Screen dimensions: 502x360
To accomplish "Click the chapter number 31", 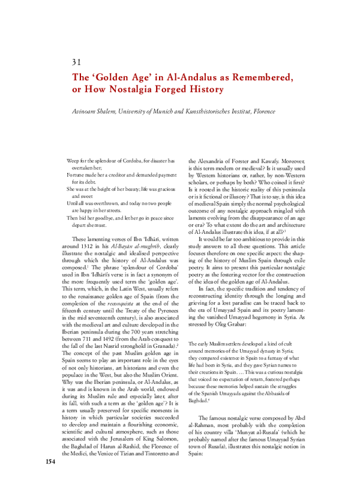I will click(x=76, y=62).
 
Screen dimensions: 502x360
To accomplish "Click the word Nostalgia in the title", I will click(x=124, y=89).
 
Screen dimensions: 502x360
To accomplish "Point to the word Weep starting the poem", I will click(x=73, y=161).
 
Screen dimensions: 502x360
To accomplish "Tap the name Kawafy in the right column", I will click(x=290, y=161).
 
